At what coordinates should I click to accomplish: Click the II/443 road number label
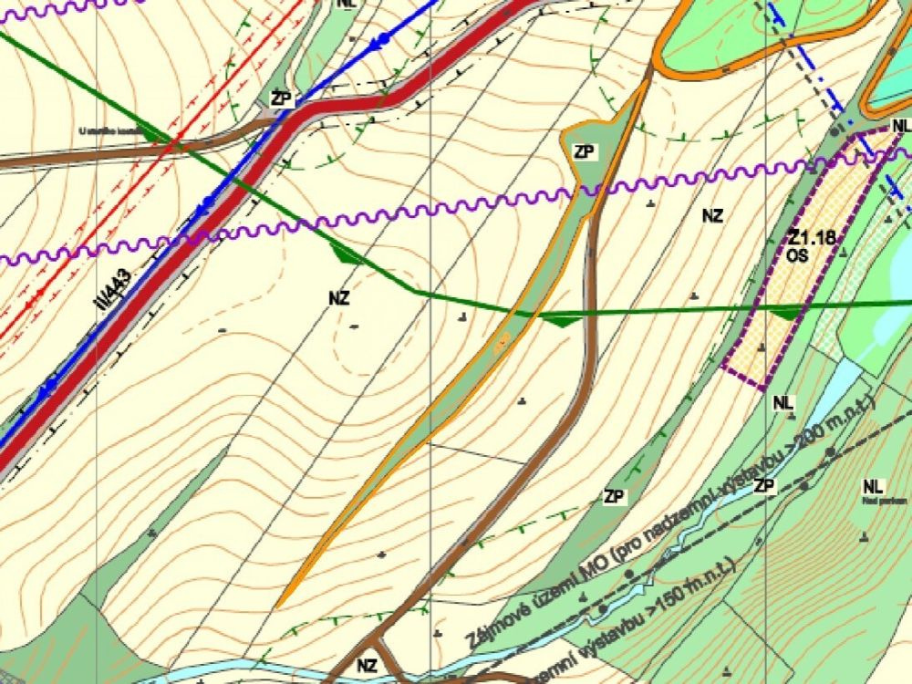[x=117, y=291]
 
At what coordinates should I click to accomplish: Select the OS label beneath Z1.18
[x=800, y=257]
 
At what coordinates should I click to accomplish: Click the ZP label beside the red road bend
[x=282, y=98]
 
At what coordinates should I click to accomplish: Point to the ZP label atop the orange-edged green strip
[x=584, y=152]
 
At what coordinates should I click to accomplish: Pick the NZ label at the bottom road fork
[x=368, y=666]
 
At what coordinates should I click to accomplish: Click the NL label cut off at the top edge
[x=345, y=4]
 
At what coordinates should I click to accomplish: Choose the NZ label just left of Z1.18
[x=712, y=216]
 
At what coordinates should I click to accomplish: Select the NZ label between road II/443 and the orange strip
[x=341, y=296]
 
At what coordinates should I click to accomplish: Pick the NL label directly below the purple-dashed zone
[x=783, y=402]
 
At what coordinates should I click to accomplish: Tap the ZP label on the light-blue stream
[x=764, y=486]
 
